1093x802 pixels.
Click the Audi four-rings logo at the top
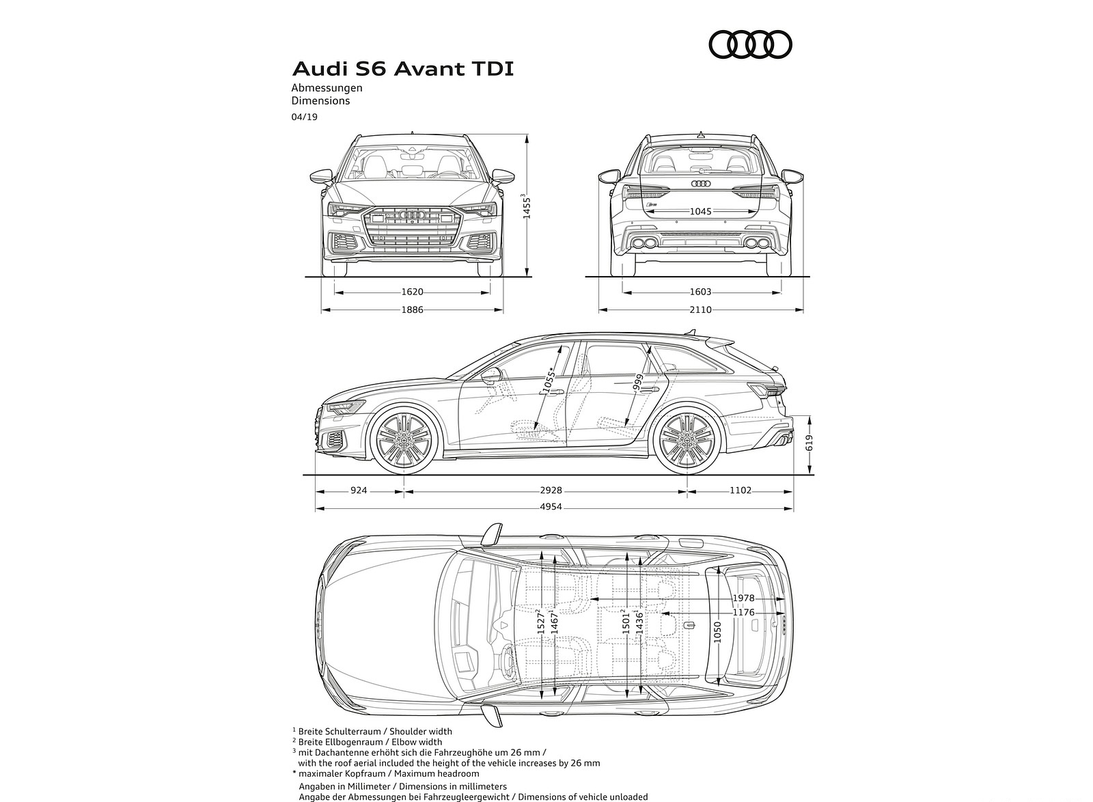click(750, 45)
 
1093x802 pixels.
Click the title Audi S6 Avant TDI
click(403, 69)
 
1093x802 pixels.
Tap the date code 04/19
click(304, 117)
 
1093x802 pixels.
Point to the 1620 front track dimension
click(412, 292)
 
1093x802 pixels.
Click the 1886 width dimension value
click(412, 309)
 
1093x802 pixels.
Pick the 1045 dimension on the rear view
click(700, 211)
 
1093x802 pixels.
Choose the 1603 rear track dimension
click(700, 292)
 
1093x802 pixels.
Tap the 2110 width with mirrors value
click(700, 309)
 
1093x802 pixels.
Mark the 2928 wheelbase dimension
click(549, 490)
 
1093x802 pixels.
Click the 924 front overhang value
click(359, 490)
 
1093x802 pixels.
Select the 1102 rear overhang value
click(740, 490)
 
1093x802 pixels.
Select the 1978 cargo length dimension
click(743, 598)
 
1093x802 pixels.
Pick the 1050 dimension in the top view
click(717, 630)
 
